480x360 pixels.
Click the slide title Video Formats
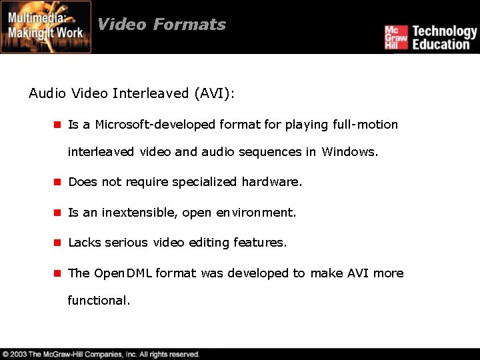pos(161,25)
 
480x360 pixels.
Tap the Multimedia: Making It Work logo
pos(46,27)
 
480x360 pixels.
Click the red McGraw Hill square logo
pos(395,37)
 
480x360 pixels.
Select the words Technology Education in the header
pos(444,37)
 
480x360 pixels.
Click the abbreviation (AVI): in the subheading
pos(214,93)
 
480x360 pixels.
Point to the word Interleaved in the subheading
pos(151,93)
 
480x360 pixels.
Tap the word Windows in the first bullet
pos(349,152)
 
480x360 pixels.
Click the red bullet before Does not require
pos(57,182)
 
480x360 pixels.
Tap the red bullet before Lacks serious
pos(57,243)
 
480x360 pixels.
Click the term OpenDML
pos(123,273)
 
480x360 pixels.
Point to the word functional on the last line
pos(99,301)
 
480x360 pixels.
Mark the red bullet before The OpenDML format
pos(57,273)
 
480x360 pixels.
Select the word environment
pos(256,213)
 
